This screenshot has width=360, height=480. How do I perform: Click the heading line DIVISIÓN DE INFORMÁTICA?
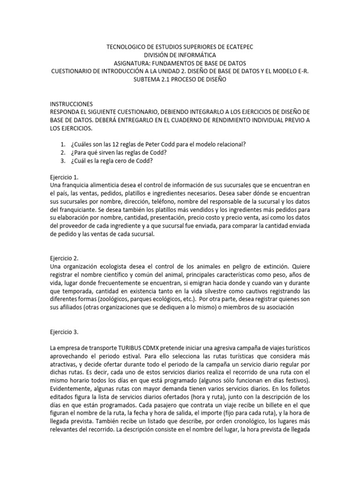[x=180, y=55]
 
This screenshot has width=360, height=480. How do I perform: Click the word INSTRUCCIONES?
[x=71, y=104]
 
